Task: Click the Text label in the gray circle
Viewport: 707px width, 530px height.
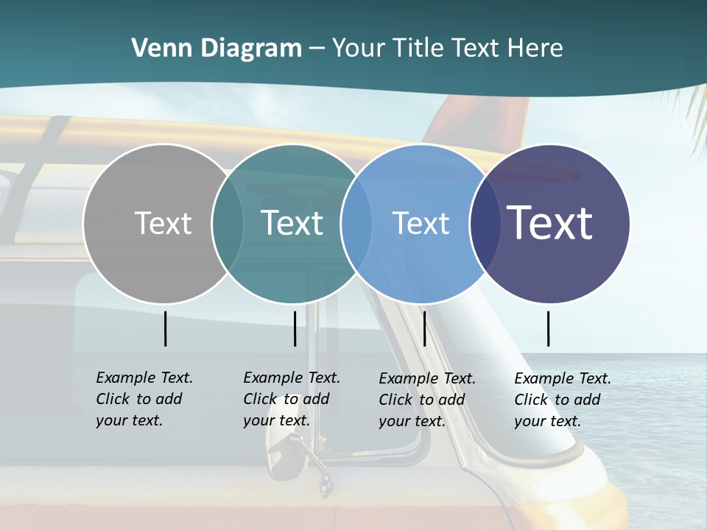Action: [x=163, y=223]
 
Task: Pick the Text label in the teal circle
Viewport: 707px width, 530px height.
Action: [x=292, y=223]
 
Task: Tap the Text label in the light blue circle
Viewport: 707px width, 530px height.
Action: [x=421, y=223]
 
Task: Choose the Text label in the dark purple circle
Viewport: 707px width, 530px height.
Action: [x=549, y=222]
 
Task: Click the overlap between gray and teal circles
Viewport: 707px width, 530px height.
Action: [x=228, y=223]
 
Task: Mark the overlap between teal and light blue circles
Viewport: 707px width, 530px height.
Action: [x=356, y=223]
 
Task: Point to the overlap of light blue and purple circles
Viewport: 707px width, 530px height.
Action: [x=485, y=223]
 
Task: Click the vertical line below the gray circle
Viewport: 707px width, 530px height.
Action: [x=165, y=328]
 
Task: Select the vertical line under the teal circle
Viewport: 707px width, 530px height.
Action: [x=295, y=328]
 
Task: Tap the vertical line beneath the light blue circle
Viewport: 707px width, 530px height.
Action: [x=424, y=328]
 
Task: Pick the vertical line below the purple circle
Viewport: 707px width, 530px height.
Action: [x=548, y=328]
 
